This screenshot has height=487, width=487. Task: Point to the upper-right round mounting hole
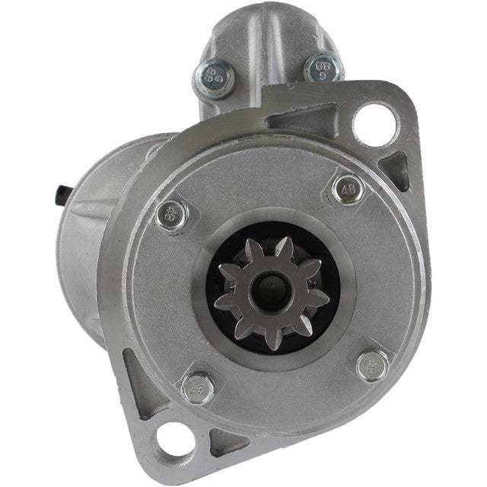(x=374, y=119)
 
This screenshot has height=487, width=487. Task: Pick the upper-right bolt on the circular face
(x=348, y=189)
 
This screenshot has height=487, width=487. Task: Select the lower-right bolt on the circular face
(x=372, y=365)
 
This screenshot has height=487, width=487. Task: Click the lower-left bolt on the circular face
(x=197, y=389)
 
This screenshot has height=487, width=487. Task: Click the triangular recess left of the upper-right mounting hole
(x=301, y=120)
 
